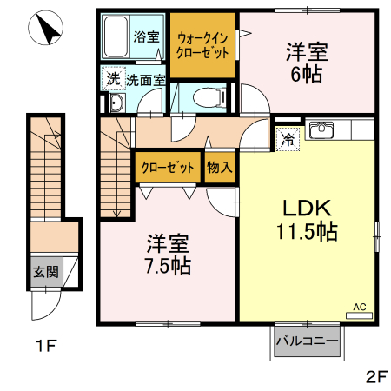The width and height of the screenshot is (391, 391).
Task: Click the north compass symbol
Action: tap(47, 31)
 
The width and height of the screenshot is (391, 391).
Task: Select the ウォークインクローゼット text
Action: tap(202, 44)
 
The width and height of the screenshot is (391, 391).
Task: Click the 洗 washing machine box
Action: tap(112, 79)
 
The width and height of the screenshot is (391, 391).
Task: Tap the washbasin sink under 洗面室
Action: tap(116, 105)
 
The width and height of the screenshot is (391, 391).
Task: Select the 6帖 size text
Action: tap(306, 75)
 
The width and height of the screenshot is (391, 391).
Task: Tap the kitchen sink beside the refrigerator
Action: tap(322, 130)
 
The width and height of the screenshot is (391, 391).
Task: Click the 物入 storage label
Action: tap(220, 168)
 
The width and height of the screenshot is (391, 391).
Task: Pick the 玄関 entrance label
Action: tap(45, 272)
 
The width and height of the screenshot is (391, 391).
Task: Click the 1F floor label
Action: tap(46, 348)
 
